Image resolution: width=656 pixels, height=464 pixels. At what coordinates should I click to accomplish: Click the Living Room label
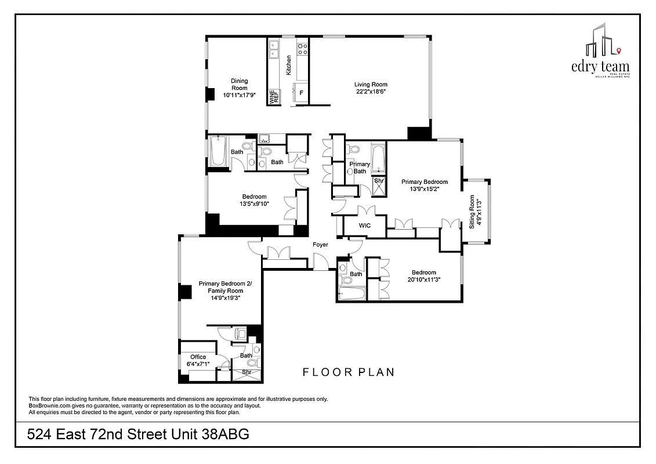point(371,85)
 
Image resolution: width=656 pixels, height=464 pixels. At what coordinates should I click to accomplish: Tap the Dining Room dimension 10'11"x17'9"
point(239,95)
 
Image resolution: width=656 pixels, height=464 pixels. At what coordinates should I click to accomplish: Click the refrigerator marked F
point(301,93)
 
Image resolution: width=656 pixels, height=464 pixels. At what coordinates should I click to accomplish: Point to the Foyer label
point(320,245)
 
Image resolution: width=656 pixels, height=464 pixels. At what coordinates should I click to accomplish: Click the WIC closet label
point(364,225)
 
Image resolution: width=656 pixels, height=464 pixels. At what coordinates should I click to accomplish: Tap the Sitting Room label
point(472,212)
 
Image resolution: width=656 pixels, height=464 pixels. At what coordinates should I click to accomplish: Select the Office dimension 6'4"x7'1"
point(198,364)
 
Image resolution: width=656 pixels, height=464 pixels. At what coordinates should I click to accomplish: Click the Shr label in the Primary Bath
point(379,181)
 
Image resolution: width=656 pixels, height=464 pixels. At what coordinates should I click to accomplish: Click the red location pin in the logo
point(619,50)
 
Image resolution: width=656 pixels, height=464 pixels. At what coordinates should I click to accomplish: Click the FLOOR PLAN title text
point(349,372)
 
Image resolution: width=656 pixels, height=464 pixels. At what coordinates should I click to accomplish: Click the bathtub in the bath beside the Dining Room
point(219,151)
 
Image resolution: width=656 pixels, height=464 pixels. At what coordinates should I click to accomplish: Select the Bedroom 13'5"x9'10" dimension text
point(253,204)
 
